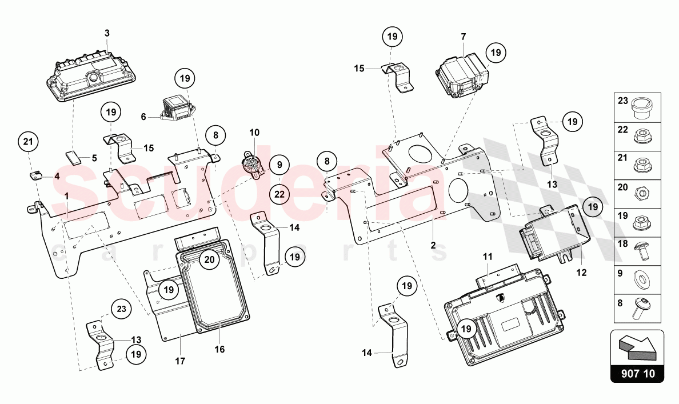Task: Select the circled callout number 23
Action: point(121,309)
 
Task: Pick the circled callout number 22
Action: point(278,194)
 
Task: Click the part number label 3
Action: point(106,34)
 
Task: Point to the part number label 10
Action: point(254,133)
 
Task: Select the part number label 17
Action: point(181,362)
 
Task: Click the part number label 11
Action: point(486,258)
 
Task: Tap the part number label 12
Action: point(581,273)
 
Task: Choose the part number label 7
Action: point(464,37)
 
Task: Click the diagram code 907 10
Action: point(637,375)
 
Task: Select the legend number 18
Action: point(622,244)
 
